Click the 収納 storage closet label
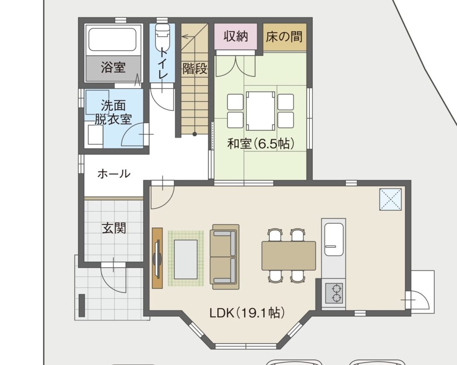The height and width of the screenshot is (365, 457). (236, 37)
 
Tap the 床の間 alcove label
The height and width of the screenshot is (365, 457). (284, 37)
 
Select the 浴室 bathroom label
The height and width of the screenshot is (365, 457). (113, 67)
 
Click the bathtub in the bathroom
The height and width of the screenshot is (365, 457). (112, 39)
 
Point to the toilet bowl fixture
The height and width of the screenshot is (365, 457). (162, 36)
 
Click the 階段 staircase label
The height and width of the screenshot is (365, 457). (195, 69)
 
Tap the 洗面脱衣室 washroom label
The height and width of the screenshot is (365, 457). (113, 112)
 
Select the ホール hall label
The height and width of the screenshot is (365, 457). (114, 174)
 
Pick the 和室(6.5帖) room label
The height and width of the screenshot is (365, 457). (261, 143)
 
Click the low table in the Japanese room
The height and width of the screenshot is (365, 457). (260, 111)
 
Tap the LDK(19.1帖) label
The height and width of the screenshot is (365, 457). (247, 313)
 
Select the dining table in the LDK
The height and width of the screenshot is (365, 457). (289, 255)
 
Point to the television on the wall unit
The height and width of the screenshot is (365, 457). (158, 258)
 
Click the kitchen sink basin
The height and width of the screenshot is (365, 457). (334, 240)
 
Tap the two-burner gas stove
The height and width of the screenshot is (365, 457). (334, 293)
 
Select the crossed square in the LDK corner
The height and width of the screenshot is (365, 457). (390, 199)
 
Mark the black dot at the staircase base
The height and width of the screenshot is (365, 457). (195, 134)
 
